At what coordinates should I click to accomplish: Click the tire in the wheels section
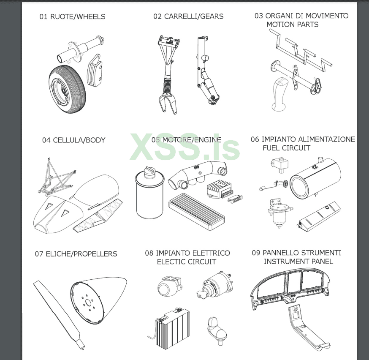tap(67, 90)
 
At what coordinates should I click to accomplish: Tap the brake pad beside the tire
tap(95, 71)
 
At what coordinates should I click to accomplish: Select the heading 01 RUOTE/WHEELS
tap(72, 17)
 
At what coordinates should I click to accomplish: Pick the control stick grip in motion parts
tap(279, 93)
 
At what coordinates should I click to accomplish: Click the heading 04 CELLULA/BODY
tap(73, 140)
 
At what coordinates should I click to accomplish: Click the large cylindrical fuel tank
tap(315, 178)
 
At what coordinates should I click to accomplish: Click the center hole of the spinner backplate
tap(89, 302)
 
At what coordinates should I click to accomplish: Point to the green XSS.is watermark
tap(185, 147)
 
